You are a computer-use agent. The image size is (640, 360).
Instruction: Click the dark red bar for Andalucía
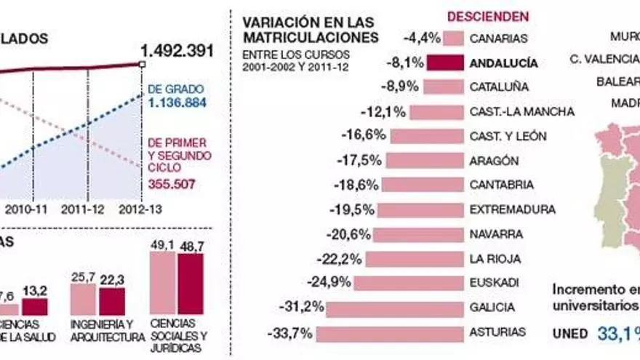pyautogui.click(x=445, y=63)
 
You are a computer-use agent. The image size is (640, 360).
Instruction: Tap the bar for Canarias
pyautogui.click(x=454, y=38)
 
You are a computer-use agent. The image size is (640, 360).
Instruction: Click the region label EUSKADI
pyautogui.click(x=495, y=282)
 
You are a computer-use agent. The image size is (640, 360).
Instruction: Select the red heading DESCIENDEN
pyautogui.click(x=488, y=16)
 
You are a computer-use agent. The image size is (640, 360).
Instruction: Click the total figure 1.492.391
pyautogui.click(x=177, y=51)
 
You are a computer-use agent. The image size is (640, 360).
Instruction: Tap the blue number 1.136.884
pyautogui.click(x=177, y=103)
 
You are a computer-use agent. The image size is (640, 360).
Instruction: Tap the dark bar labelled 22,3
pyautogui.click(x=112, y=301)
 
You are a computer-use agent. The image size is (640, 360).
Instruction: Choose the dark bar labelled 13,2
pyautogui.click(x=34, y=306)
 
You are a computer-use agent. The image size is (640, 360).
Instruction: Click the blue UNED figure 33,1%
pyautogui.click(x=619, y=334)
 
